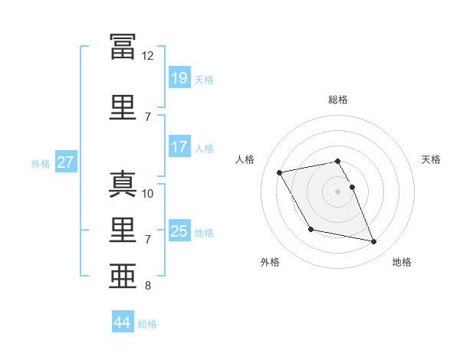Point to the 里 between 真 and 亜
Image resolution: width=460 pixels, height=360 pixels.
click(123, 231)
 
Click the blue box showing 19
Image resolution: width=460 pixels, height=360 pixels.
click(179, 77)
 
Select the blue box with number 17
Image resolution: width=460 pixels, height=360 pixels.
click(179, 148)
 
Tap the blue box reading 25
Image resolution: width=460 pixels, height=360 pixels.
click(179, 231)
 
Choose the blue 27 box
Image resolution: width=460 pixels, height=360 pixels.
click(65, 162)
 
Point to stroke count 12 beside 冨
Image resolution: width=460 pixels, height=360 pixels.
click(148, 56)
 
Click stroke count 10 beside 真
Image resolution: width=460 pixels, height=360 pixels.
click(148, 194)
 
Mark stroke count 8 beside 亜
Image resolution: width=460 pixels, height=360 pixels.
click(148, 286)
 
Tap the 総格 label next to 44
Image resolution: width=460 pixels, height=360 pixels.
click(147, 324)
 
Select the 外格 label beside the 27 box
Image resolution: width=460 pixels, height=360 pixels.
click(41, 163)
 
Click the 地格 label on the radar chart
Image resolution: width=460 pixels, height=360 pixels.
click(402, 263)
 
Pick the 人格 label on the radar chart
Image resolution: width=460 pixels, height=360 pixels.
click(245, 159)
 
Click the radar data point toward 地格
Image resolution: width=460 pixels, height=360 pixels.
click(374, 242)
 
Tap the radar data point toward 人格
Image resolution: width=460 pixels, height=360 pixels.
click(280, 172)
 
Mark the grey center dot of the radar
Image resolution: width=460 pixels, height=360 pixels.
click(337, 191)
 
